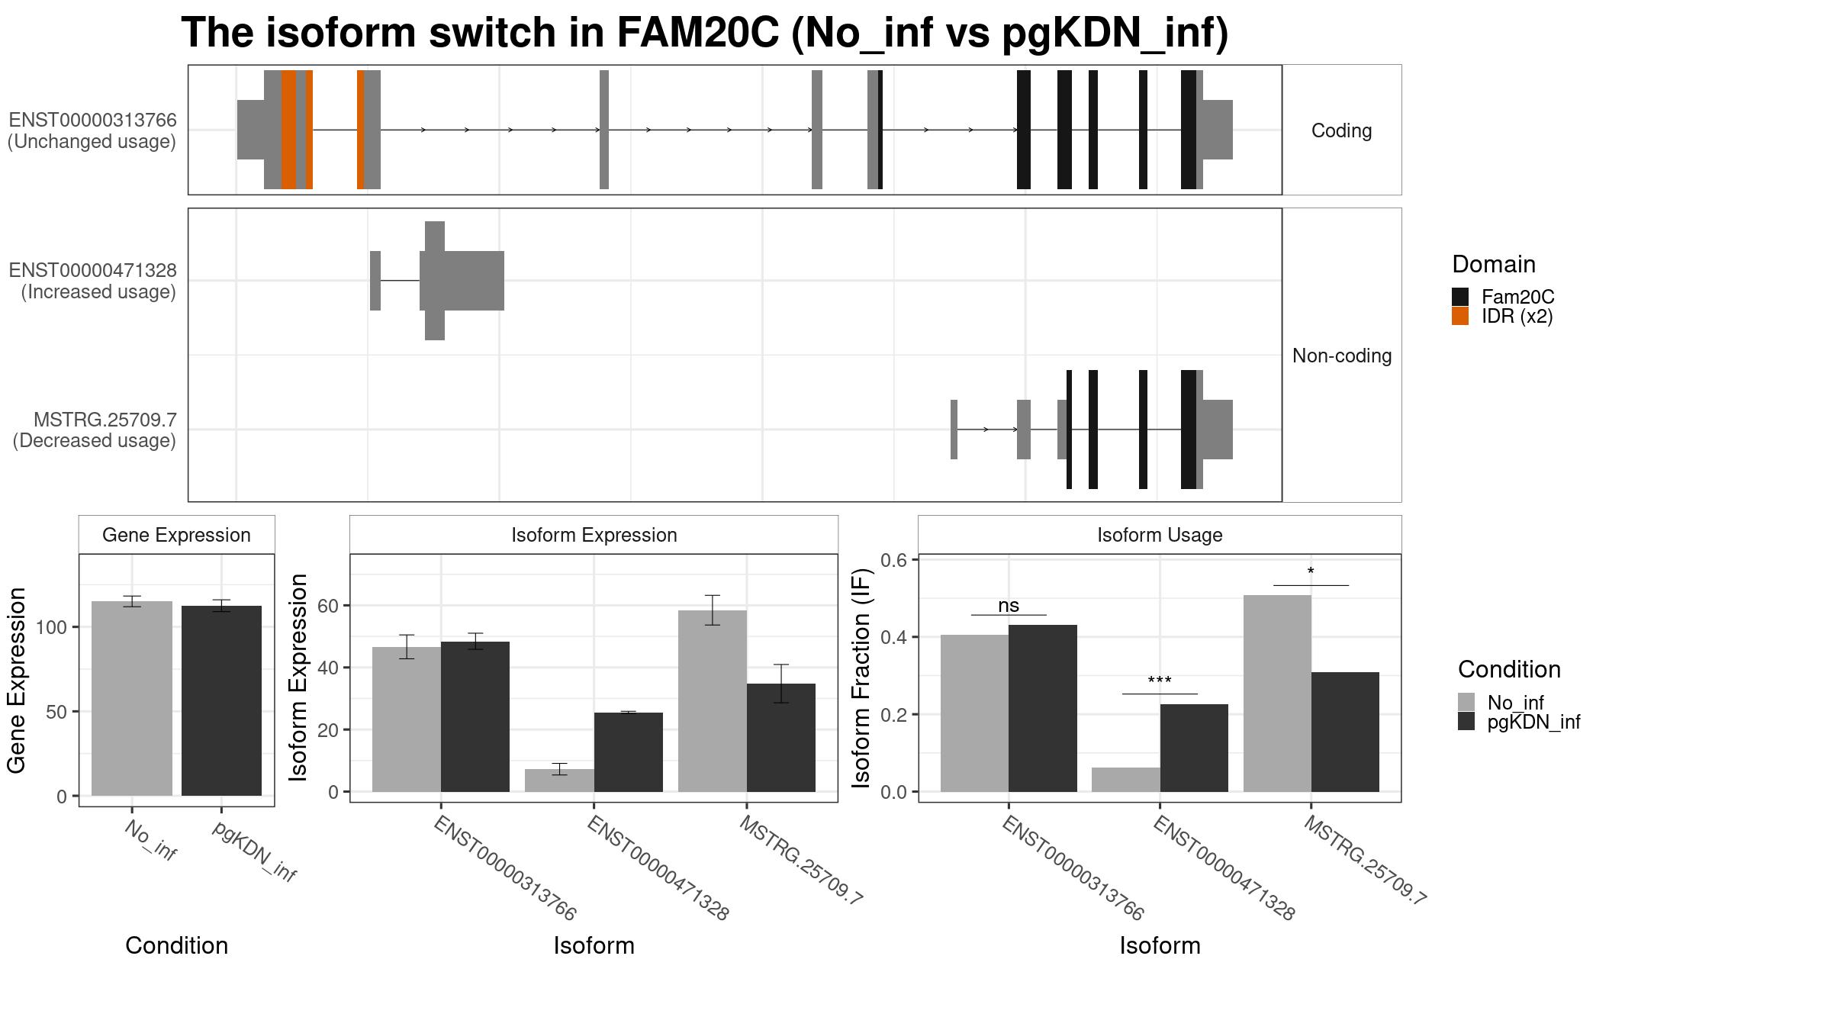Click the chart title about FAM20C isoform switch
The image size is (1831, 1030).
(x=704, y=34)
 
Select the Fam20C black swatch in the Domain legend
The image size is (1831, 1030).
(x=1459, y=297)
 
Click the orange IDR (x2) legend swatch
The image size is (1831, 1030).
(x=1459, y=316)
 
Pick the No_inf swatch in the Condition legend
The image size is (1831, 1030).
(x=1466, y=702)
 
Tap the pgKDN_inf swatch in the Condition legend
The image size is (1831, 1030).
(x=1466, y=722)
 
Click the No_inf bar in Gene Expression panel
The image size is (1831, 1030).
(x=131, y=698)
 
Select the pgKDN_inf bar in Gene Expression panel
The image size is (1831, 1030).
(x=221, y=700)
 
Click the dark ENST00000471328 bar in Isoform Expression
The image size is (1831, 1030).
(x=628, y=752)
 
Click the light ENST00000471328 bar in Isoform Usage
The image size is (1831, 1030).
(x=1125, y=780)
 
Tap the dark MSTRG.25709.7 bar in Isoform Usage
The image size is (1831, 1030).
(x=1345, y=732)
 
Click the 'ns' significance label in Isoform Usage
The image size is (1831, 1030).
(x=1008, y=606)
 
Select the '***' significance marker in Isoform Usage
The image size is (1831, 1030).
(x=1159, y=681)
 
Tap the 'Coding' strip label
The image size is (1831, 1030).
(x=1341, y=130)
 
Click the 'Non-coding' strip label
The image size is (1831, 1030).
(x=1341, y=356)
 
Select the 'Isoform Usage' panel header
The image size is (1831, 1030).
(x=1159, y=535)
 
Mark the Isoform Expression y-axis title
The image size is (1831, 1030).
(x=298, y=677)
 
